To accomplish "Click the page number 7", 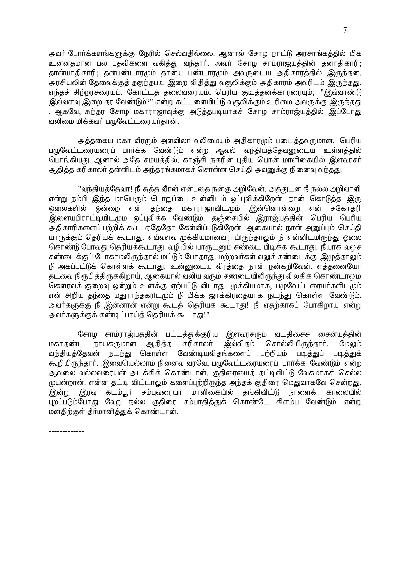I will tap(345, 30).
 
